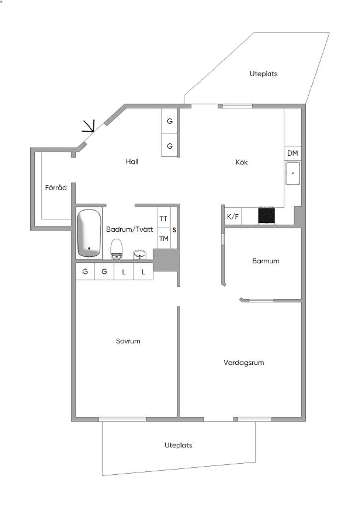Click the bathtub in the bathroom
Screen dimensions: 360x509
pos(89,233)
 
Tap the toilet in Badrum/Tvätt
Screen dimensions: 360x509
pos(117,249)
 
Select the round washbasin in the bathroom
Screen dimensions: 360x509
pos(140,255)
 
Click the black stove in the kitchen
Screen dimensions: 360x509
pos(267,215)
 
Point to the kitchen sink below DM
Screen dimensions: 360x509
pos(293,173)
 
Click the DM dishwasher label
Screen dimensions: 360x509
pos(293,153)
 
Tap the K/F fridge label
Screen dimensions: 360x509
pos(233,217)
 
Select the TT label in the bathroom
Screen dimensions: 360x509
pos(163,219)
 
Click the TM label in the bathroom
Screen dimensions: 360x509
pos(163,239)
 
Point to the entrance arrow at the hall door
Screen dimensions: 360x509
pos(90,126)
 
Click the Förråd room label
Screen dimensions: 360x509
pos(56,188)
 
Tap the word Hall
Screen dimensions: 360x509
pos(132,162)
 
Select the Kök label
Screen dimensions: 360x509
pos(242,162)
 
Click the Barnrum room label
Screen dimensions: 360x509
pos(266,261)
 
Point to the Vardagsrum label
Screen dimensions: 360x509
pos(244,363)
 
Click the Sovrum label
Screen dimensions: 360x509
pos(128,341)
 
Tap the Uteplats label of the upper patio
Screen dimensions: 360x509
pos(264,74)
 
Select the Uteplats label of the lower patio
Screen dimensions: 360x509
pos(179,445)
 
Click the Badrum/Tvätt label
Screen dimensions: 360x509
pos(129,229)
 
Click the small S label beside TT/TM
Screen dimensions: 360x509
pos(174,230)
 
